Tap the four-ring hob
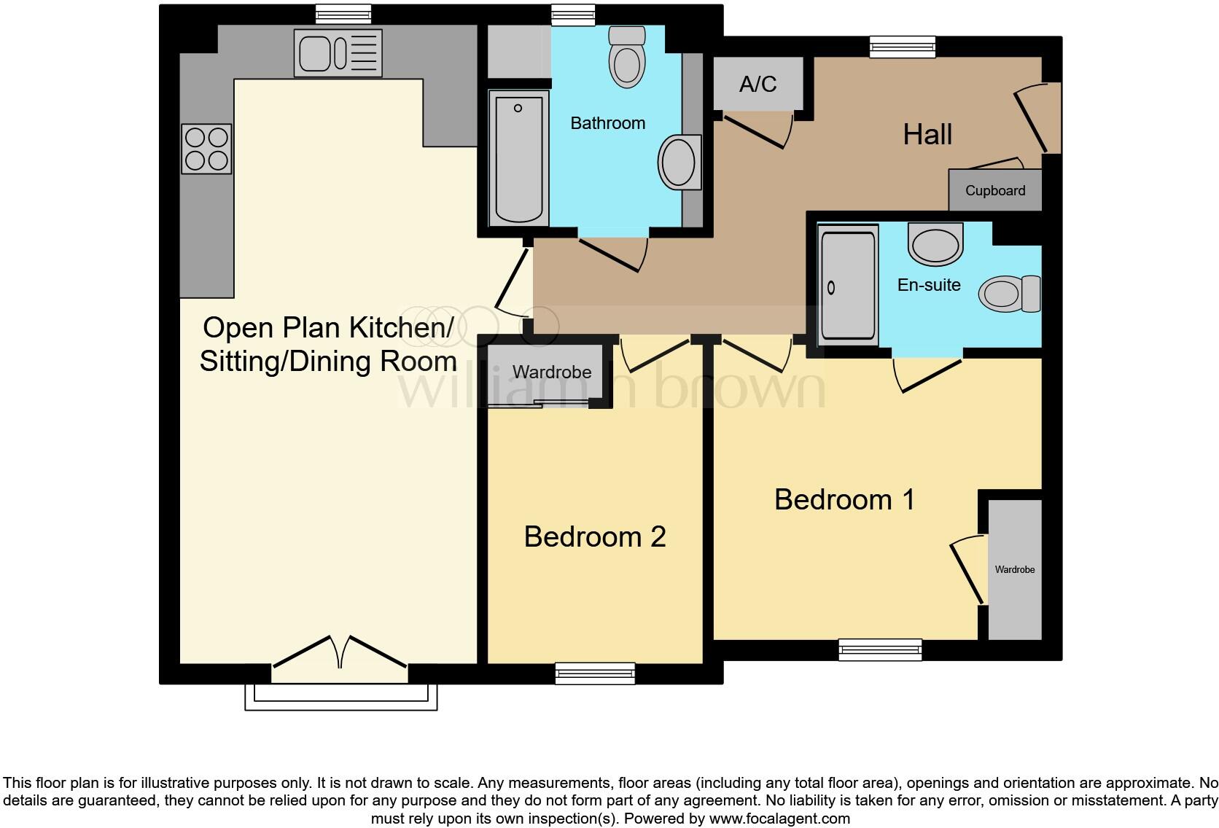point(207,149)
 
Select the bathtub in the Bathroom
point(518,158)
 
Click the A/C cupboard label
point(758,85)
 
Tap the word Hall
point(927,135)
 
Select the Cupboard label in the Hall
point(995,191)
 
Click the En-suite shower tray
point(847,285)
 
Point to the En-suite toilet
point(1010,294)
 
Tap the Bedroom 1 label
point(844,500)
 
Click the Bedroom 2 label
point(595,537)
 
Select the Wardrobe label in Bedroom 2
point(551,372)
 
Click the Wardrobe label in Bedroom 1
point(1014,570)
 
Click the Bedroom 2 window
point(595,672)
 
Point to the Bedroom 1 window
point(880,649)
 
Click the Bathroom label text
point(607,123)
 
